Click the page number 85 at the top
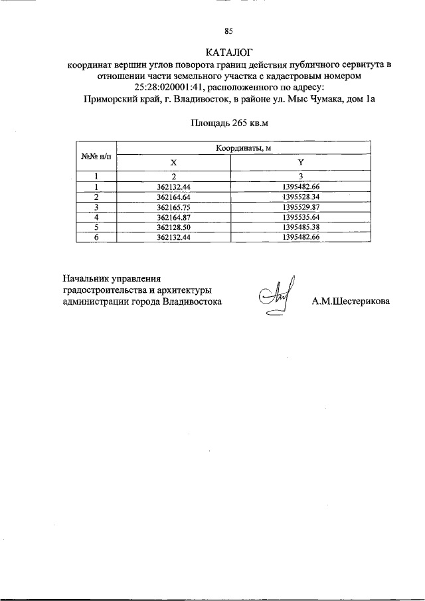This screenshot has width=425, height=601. click(x=229, y=31)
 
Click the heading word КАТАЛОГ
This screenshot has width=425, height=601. click(x=230, y=52)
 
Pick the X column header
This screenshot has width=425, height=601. click(x=174, y=162)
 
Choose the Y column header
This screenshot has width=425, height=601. click(x=300, y=162)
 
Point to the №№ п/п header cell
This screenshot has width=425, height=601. click(x=96, y=156)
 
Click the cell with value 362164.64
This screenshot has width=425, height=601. click(x=174, y=197)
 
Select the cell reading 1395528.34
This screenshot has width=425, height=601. click(x=301, y=197)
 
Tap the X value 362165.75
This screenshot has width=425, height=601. click(x=174, y=207)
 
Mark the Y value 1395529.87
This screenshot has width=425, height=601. click(x=301, y=207)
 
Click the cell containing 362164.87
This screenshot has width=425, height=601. click(x=174, y=217)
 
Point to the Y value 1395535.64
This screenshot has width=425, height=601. click(x=301, y=217)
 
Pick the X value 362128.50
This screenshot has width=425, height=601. click(x=174, y=227)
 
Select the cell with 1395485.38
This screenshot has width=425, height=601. click(x=301, y=227)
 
